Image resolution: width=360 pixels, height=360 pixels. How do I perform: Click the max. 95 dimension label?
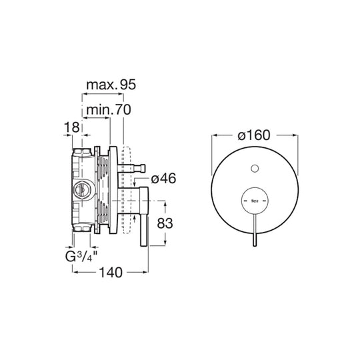tap(111, 85)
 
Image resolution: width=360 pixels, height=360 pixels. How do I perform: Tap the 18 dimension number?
tap(73, 127)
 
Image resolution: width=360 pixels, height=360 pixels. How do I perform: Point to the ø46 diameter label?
tap(163, 179)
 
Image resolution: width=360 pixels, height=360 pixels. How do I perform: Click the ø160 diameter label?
tap(253, 135)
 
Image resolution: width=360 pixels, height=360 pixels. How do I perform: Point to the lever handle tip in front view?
tap(254, 244)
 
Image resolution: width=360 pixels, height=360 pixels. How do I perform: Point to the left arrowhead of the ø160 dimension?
tap(215, 135)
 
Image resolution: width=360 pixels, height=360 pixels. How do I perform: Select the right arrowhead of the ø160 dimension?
tap(293, 135)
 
